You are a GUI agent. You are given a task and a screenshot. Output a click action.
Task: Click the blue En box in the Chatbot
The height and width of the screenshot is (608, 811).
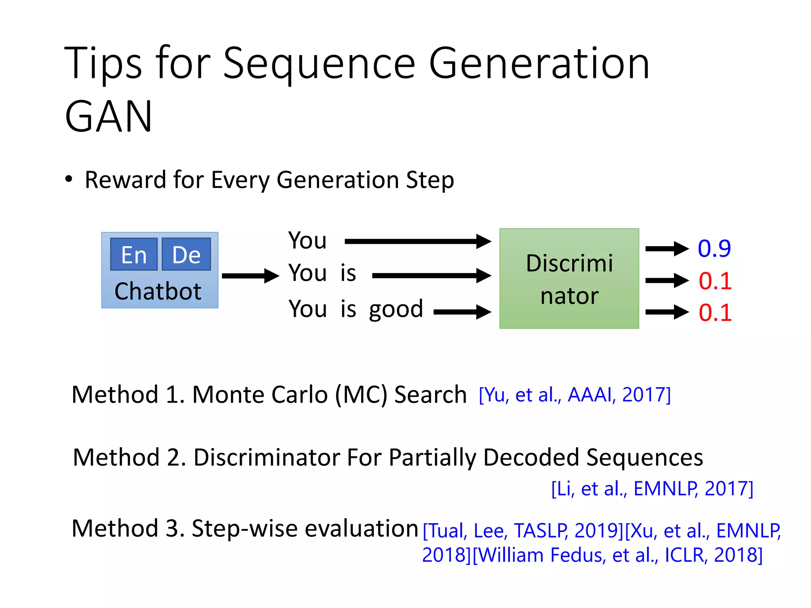coord(134,254)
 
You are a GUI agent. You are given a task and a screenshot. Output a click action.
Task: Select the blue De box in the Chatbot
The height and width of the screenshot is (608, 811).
coord(186,254)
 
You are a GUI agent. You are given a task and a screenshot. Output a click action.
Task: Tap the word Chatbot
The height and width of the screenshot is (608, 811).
coord(158,291)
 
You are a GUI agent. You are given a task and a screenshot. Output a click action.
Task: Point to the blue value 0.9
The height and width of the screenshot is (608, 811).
coord(714,249)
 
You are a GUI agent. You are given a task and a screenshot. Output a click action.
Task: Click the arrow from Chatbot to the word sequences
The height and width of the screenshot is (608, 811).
coord(250,276)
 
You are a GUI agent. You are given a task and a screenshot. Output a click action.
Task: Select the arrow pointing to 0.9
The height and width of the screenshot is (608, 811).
coord(667,249)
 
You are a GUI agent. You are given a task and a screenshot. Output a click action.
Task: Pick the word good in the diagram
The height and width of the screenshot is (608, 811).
coord(396,309)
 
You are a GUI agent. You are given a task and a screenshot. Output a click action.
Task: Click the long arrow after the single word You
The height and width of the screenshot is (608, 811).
coord(418,241)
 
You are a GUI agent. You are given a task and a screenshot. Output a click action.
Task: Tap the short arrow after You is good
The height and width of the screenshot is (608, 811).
coord(462,312)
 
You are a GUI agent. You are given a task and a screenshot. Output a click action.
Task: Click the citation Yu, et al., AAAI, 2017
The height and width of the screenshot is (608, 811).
coord(575,395)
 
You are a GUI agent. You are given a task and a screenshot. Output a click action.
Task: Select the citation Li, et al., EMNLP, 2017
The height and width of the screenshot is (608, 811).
coord(652,488)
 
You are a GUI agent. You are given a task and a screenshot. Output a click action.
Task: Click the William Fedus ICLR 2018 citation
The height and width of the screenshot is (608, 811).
coord(617,555)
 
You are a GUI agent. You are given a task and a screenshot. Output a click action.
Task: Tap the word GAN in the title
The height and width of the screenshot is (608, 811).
coord(109,116)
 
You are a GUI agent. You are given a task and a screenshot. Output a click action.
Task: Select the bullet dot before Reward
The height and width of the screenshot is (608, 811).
coord(69,179)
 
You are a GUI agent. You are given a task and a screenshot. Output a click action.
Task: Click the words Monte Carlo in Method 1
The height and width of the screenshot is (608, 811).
coord(260,395)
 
